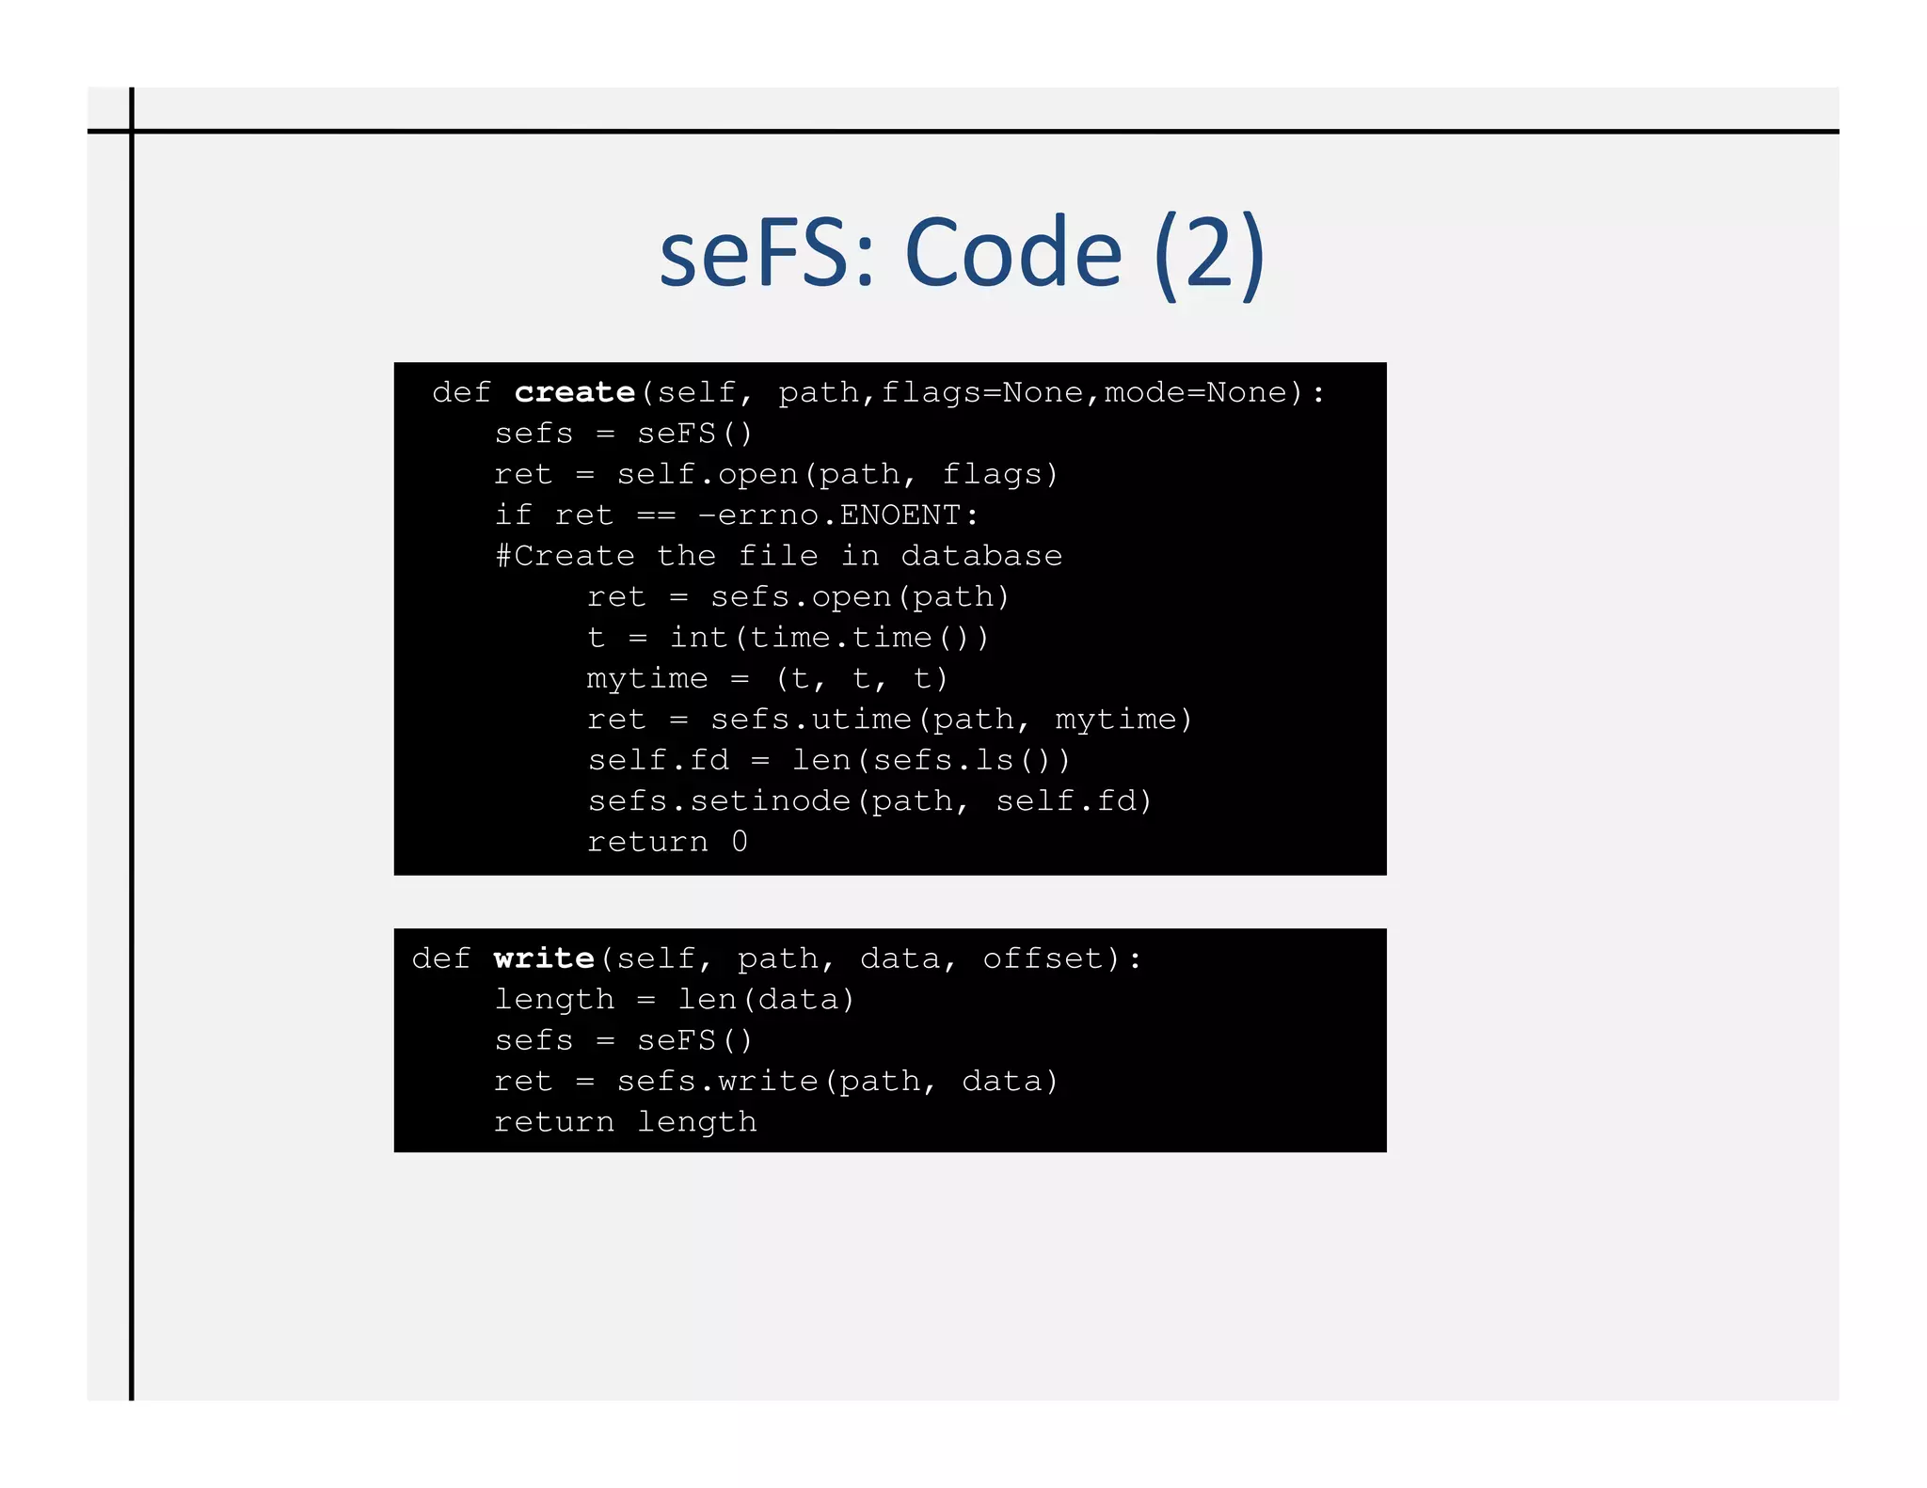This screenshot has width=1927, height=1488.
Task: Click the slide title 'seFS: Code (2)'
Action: [962, 252]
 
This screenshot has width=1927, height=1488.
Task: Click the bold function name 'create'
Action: [574, 392]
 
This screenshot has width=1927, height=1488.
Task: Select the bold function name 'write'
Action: [544, 958]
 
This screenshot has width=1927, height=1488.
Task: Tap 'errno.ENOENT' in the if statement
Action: [838, 515]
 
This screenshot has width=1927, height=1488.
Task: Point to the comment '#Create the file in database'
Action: [779, 556]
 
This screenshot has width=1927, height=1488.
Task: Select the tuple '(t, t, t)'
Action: [862, 678]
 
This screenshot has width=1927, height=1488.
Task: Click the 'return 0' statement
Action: [667, 842]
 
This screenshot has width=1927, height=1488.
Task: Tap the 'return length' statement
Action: [626, 1122]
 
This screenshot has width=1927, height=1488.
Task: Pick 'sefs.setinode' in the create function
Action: [719, 800]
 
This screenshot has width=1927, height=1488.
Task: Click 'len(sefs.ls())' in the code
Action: [932, 760]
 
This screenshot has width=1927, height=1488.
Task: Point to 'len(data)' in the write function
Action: [766, 999]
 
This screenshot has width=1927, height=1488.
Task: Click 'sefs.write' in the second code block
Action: [718, 1082]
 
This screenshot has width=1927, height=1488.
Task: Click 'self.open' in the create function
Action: [708, 474]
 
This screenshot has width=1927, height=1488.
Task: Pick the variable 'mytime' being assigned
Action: [647, 678]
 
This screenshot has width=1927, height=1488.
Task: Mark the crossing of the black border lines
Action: [132, 132]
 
